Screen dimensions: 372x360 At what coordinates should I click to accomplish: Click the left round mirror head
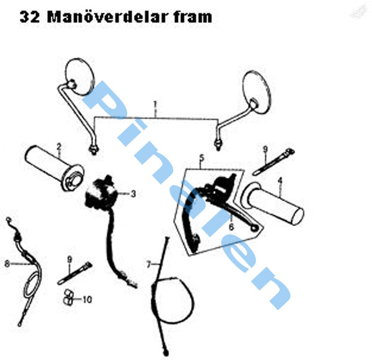[x=80, y=77]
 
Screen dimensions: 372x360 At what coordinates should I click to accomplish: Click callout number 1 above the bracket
[x=155, y=105]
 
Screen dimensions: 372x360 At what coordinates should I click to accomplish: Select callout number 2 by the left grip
[x=59, y=147]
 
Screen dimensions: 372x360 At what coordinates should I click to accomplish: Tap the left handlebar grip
[x=55, y=168]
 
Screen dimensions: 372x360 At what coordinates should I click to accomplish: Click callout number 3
[x=133, y=194]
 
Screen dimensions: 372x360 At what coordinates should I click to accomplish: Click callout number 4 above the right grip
[x=280, y=181]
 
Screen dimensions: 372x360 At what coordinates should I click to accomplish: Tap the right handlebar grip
[x=273, y=203]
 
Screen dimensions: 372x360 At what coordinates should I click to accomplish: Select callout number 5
[x=201, y=158]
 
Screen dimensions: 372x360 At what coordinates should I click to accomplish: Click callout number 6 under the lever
[x=231, y=227]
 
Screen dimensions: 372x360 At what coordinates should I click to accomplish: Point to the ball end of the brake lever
[x=255, y=228]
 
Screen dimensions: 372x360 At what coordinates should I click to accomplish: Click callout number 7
[x=149, y=264]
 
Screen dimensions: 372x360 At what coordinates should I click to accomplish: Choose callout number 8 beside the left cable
[x=7, y=263]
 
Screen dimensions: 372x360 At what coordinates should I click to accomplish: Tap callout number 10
[x=87, y=299]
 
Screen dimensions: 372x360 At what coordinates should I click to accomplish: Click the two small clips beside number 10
[x=68, y=297]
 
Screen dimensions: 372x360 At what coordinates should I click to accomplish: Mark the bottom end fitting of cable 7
[x=166, y=353]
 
